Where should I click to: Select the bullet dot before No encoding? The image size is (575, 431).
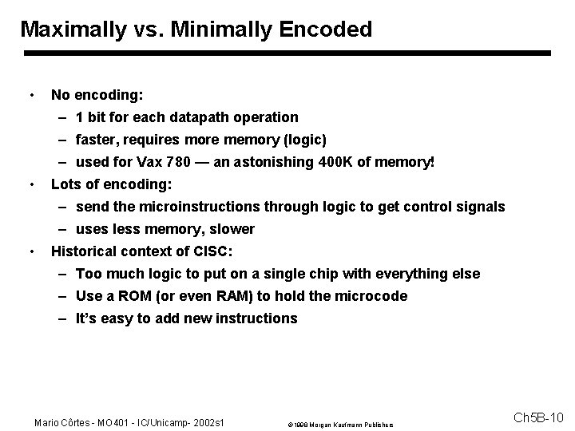click(x=30, y=95)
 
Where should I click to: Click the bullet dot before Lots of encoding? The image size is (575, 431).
click(x=30, y=184)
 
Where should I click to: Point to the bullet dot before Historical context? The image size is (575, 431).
click(x=30, y=251)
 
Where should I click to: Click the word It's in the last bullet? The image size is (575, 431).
click(x=88, y=318)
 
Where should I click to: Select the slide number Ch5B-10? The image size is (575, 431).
click(x=538, y=418)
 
